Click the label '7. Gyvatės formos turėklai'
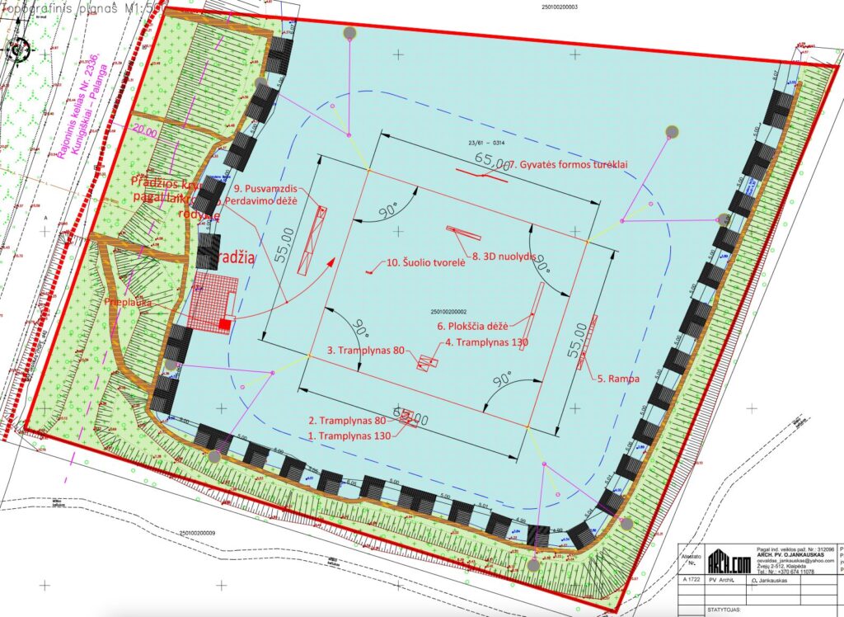(570, 165)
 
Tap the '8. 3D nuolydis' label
(506, 256)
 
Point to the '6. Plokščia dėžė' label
(476, 325)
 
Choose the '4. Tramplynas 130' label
(486, 341)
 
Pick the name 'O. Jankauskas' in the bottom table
(778, 581)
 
